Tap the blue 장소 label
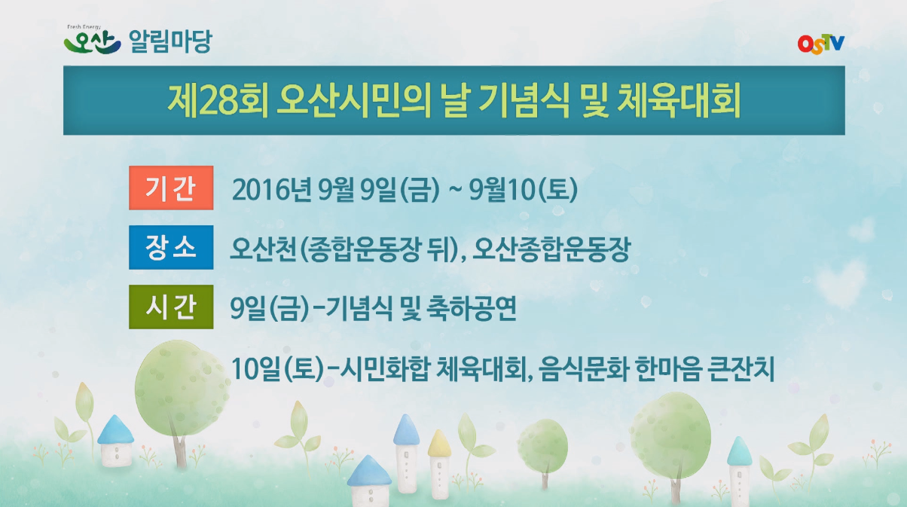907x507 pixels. point(171,248)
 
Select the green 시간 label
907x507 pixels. point(171,308)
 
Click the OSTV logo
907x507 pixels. point(820,43)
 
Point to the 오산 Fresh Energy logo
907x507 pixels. point(92,41)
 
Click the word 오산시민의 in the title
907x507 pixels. point(353,101)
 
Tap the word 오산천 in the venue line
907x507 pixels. point(261,249)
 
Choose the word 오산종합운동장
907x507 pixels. point(553,249)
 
